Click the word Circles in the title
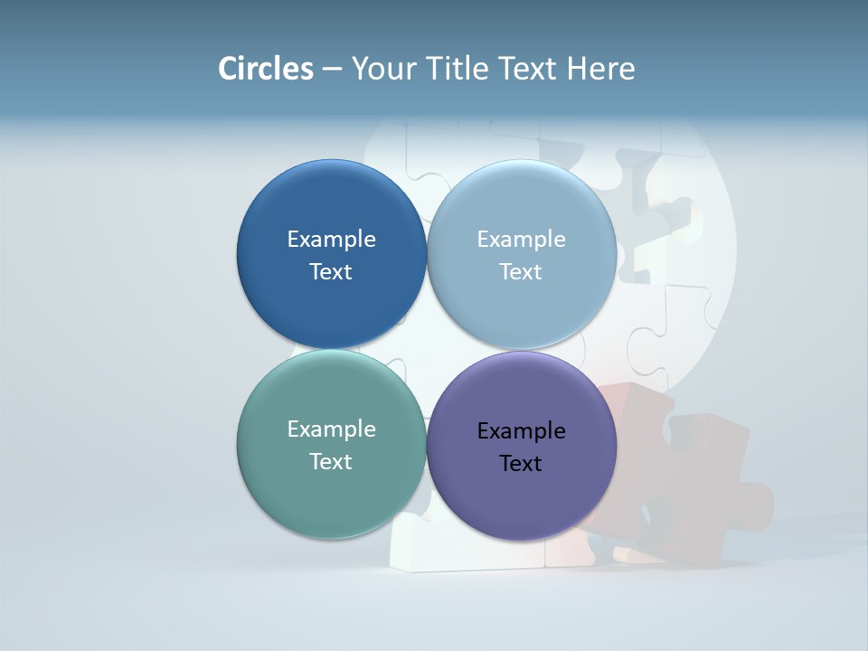pos(265,69)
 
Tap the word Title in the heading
pos(459,69)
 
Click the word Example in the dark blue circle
pos(331,239)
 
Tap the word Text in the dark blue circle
pos(331,271)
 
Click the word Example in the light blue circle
pos(521,239)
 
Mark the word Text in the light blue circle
pos(521,271)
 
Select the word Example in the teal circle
pos(331,429)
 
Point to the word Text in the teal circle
pos(331,461)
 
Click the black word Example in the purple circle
pos(521,430)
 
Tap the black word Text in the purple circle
pos(521,463)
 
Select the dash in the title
pos(332,69)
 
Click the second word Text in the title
pos(529,69)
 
